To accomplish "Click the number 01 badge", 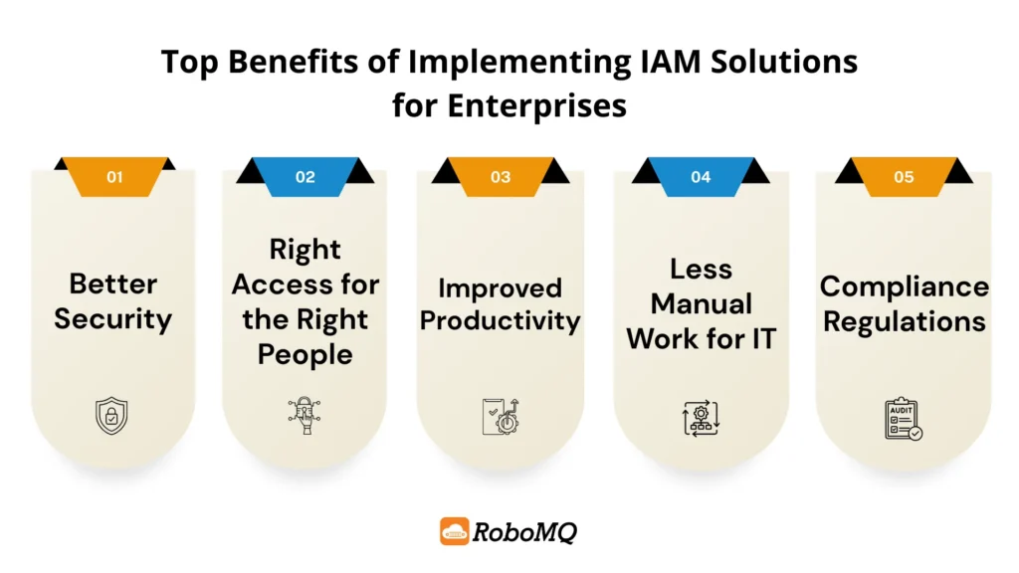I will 114,177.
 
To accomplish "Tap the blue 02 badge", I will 305,177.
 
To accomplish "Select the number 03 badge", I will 500,177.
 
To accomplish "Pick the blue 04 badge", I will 701,177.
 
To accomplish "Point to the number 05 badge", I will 903,177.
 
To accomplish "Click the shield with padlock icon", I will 111,416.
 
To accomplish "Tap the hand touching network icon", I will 305,417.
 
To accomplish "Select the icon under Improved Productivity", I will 500,416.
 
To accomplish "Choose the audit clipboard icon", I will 903,419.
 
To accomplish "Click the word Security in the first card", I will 112,319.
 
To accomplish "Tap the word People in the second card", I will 305,355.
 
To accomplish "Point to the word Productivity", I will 500,320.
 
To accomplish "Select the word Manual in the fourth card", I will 701,303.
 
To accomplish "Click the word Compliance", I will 904,286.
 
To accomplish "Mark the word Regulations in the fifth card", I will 904,321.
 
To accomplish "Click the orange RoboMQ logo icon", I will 455,531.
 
